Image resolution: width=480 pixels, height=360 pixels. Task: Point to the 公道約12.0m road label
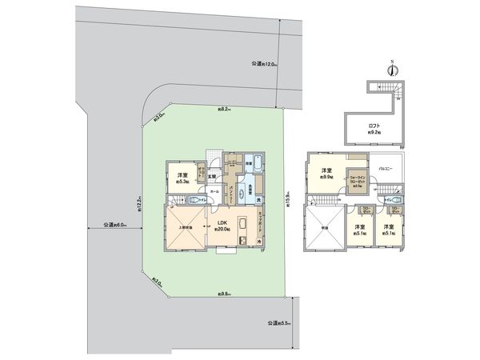263,63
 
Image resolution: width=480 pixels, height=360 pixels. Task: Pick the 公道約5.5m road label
275,324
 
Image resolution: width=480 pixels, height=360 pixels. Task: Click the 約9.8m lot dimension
225,294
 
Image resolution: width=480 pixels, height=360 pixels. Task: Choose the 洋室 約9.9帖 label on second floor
326,173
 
